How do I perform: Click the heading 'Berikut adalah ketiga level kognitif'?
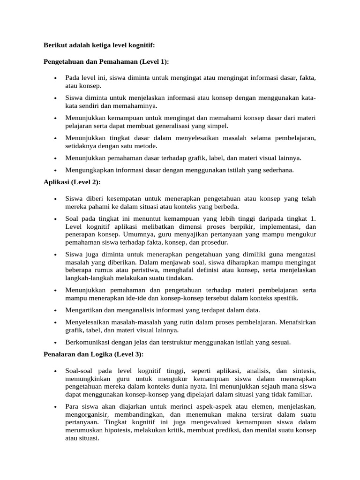98,45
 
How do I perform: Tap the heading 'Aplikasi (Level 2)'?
72,182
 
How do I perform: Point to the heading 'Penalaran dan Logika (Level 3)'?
93,353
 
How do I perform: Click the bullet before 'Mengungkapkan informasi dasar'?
55,171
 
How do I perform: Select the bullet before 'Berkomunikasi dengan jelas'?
55,343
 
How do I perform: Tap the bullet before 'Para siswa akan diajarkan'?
55,406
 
